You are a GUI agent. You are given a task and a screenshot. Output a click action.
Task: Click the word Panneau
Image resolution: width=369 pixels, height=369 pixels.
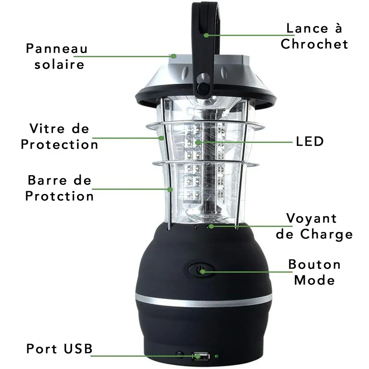coord(57,49)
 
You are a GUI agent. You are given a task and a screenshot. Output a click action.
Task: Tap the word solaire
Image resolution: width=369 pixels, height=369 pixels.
coord(59,64)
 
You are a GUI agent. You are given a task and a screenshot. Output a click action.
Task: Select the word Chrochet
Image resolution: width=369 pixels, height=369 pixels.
coord(314,44)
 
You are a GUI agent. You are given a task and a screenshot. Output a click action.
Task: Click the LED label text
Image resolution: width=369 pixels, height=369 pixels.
coord(310,141)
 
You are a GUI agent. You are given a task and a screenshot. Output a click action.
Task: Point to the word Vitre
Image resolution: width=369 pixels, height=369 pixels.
coord(47,128)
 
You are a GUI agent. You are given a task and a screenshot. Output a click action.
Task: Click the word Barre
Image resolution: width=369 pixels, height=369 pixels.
coord(48,180)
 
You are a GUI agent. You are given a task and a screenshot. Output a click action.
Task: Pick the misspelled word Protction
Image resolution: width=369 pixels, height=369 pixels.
coord(59,196)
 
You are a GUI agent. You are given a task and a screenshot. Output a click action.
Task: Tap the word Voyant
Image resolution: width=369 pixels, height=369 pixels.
coord(311,218)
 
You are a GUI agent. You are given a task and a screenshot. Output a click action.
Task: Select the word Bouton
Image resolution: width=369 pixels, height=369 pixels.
coord(314,264)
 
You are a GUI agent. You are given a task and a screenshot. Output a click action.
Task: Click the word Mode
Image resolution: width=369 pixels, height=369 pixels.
coord(314,280)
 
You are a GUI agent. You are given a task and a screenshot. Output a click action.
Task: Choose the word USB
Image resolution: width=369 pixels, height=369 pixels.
coord(78,349)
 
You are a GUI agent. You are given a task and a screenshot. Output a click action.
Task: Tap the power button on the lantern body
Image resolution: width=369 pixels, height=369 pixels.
coord(201,270)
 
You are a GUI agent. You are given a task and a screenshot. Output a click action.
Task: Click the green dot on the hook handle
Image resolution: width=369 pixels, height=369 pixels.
coord(206,35)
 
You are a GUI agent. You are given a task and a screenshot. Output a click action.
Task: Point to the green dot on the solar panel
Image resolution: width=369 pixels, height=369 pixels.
coord(174,56)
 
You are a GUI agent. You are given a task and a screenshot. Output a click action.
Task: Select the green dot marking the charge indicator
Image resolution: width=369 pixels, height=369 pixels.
coord(211,226)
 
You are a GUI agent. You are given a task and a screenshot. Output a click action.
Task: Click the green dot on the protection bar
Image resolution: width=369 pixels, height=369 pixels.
coord(170,189)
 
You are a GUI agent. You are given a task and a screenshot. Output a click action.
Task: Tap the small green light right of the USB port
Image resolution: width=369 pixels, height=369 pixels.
coord(217,356)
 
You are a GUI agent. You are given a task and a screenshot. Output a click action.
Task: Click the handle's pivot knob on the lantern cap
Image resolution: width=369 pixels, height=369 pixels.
coord(203,87)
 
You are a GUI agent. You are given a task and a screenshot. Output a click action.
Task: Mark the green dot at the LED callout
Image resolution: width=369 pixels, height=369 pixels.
coord(198,142)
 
